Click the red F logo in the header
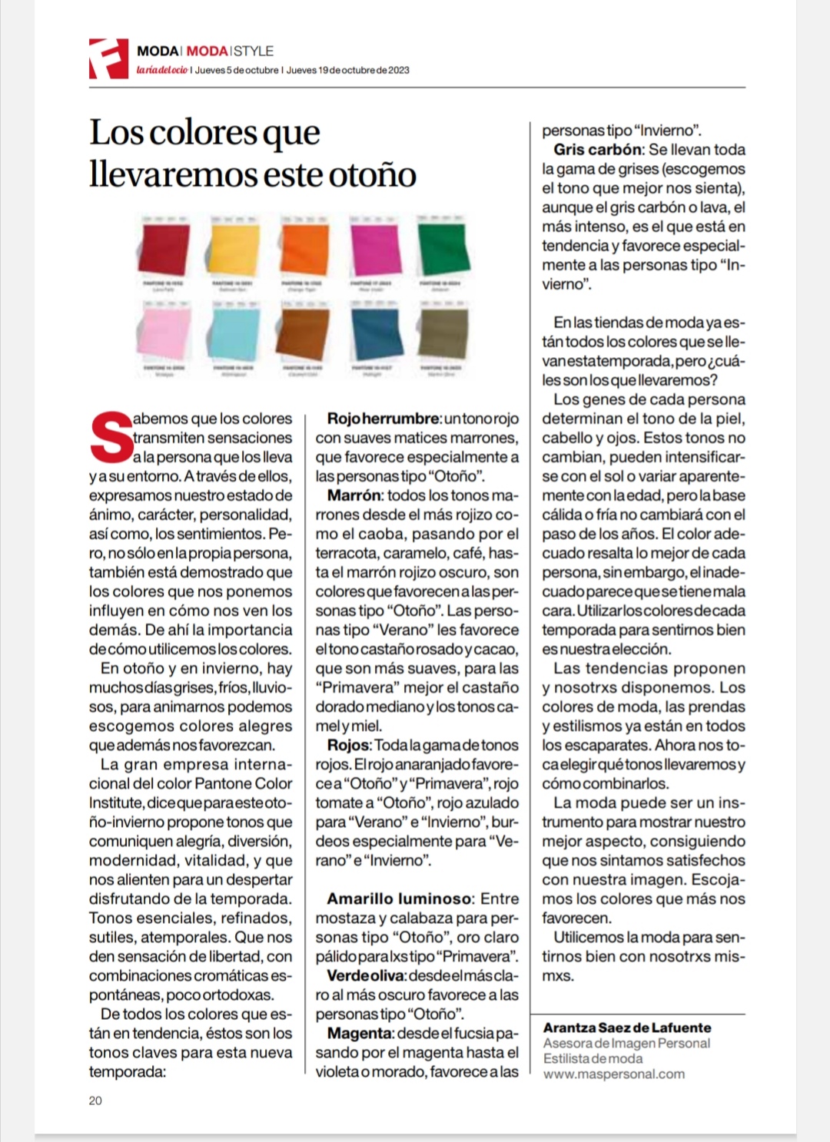108,58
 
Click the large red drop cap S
111,438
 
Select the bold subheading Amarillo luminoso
399,899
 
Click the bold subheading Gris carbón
597,150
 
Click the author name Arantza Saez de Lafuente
627,1028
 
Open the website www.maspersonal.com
613,1074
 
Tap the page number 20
95,1101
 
